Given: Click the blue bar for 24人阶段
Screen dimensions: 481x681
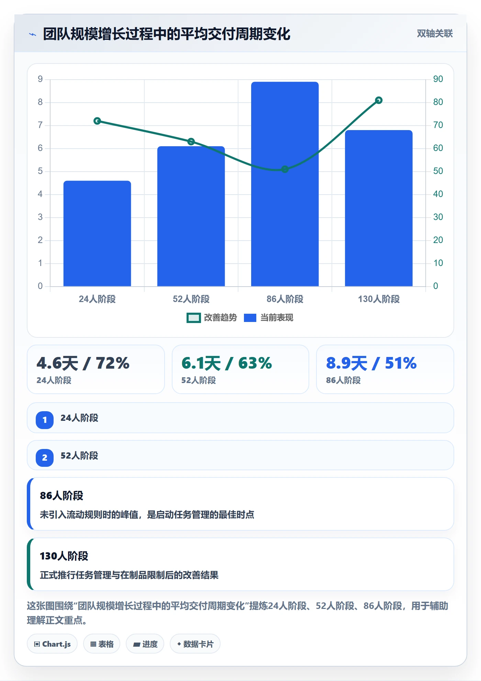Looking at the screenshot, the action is pyautogui.click(x=97, y=233).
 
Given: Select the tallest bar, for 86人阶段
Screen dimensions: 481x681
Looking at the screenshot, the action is pyautogui.click(x=285, y=184).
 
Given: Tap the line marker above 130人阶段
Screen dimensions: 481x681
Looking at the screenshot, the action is pyautogui.click(x=379, y=100).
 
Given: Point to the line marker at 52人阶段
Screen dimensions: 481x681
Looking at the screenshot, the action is pyautogui.click(x=191, y=141).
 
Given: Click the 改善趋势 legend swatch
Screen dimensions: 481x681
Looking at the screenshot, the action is pyautogui.click(x=193, y=318).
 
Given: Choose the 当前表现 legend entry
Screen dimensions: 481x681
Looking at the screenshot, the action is pyautogui.click(x=269, y=318).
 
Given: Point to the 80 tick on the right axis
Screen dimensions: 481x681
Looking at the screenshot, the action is pyautogui.click(x=438, y=102).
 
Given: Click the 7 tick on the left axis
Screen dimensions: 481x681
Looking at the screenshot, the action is pyautogui.click(x=40, y=125).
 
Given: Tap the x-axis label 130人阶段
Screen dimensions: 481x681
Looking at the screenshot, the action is pyautogui.click(x=379, y=299).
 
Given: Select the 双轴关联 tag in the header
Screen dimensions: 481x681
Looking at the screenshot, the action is pyautogui.click(x=435, y=33).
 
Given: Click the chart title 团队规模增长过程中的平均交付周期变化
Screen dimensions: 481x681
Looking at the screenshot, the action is pyautogui.click(x=167, y=34).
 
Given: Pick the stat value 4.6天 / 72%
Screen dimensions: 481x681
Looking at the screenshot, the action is pyautogui.click(x=83, y=363).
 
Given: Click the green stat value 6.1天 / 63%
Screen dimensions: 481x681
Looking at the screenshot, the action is pyautogui.click(x=226, y=363).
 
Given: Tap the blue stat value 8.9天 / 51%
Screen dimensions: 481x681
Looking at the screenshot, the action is pyautogui.click(x=371, y=363).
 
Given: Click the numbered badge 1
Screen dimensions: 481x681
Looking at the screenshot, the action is pyautogui.click(x=45, y=420).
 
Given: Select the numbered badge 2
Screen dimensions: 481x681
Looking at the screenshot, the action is pyautogui.click(x=45, y=458).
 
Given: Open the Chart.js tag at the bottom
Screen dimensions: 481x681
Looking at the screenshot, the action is pyautogui.click(x=52, y=644).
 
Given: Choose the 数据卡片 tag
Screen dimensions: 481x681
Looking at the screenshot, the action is pyautogui.click(x=195, y=644).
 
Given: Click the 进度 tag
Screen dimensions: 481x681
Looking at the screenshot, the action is pyautogui.click(x=145, y=644).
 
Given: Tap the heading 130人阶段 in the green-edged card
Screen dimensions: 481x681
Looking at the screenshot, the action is pyautogui.click(x=64, y=556).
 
